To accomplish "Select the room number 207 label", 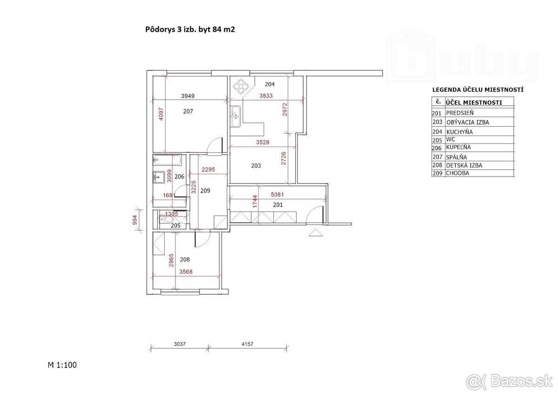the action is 188,112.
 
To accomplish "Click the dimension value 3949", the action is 187,96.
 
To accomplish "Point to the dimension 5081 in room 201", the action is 278,195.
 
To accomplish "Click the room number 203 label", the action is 256,166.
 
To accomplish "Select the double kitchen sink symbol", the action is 236,116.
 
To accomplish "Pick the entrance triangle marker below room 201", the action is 315,233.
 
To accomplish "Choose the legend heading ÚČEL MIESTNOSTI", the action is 473,102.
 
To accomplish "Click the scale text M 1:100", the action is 62,365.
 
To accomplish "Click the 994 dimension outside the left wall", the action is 135,221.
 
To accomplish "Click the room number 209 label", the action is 205,190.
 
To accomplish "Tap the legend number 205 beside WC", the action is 436,139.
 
